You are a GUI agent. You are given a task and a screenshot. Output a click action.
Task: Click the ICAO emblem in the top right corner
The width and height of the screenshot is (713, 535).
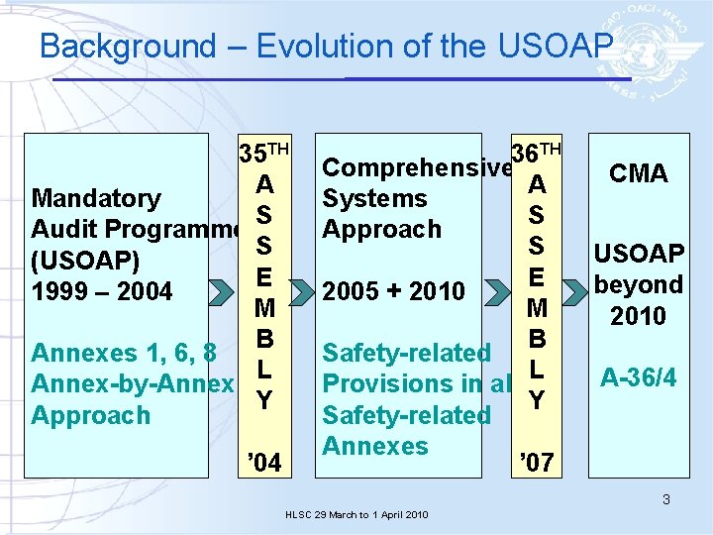coord(662,46)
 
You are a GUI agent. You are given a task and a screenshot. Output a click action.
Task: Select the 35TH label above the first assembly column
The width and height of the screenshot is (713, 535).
coord(263,154)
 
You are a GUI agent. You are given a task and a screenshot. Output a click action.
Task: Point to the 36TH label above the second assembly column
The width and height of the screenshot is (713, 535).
coord(536,152)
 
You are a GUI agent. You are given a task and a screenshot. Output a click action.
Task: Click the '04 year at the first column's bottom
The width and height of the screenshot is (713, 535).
coord(263,462)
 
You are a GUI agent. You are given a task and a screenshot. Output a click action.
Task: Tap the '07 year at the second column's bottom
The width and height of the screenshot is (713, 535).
coord(536,462)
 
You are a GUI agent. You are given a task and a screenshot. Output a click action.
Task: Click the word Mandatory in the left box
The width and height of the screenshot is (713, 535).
coord(96,198)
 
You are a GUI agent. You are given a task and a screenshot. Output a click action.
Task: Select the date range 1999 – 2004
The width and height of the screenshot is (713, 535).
coord(102,292)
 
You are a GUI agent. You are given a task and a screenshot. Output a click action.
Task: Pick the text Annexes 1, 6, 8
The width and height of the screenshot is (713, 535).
coord(124,353)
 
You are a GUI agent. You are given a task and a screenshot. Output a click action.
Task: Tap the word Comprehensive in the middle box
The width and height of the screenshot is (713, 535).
coord(416,167)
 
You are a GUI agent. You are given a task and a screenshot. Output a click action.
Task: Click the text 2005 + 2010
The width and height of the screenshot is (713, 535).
coord(394,291)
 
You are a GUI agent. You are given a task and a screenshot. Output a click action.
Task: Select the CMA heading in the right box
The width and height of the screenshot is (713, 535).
coord(638,173)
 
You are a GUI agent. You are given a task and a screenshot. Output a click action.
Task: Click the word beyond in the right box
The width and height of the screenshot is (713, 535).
coord(638,284)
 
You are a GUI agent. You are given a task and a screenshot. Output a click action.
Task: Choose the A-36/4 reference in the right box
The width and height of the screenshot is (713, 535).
coord(638,376)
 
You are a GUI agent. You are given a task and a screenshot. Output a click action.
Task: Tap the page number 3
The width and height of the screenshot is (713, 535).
coord(666,499)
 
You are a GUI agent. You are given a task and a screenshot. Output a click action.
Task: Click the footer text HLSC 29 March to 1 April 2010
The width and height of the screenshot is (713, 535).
coord(356,515)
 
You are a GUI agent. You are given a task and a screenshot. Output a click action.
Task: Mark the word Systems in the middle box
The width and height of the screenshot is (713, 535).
coord(374,198)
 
